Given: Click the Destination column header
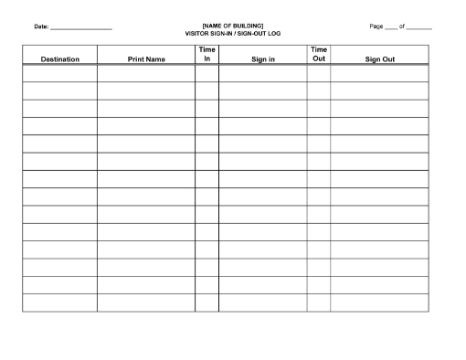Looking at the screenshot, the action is pos(59,59).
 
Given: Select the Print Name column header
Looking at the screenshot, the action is pos(145,59).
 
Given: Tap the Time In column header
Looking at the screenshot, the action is pos(207,54).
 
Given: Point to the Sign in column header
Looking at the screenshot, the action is pos(262,59).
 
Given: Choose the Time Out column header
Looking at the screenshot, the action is pos(319,54).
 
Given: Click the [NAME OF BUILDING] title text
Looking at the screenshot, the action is pos(233,26).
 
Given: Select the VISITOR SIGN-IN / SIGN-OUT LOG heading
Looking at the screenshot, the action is pos(233,32).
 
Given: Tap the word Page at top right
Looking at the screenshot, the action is pos(376,26).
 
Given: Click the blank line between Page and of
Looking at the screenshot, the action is pos(391,28).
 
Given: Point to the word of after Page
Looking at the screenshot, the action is pos(402,26).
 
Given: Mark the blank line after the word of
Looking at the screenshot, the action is pos(418,28).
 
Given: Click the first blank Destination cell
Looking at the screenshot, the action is pos(59,73).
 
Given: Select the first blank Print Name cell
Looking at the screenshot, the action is pos(145,73).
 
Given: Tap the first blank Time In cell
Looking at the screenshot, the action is pos(207,73).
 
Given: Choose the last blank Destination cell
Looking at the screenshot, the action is pos(59,302).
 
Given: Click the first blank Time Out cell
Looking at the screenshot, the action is pos(319,73).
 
